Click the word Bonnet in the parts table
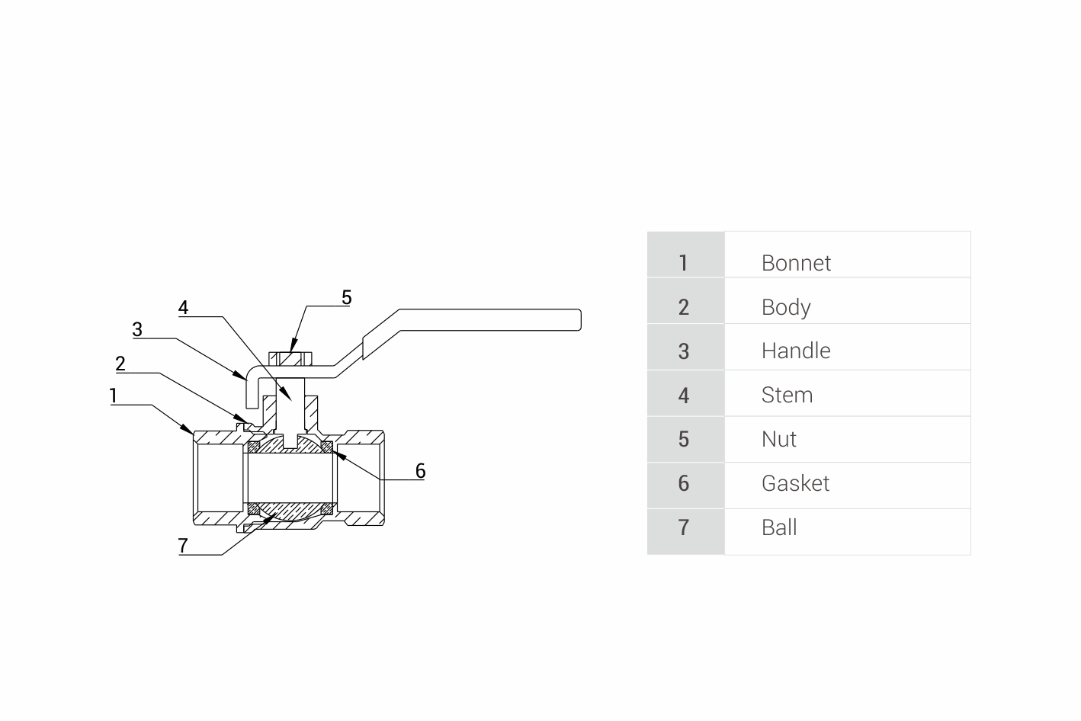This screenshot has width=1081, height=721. pyautogui.click(x=796, y=263)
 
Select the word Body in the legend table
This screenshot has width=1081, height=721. pyautogui.click(x=786, y=307)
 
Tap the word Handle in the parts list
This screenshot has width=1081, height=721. pyautogui.click(x=796, y=351)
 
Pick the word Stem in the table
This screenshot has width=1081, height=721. pyautogui.click(x=787, y=395)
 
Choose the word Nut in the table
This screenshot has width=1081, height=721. pyautogui.click(x=778, y=439)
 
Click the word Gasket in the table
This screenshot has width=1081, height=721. pyautogui.click(x=795, y=483)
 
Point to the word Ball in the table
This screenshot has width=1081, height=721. pyautogui.click(x=779, y=527)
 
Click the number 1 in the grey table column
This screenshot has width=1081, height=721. pyautogui.click(x=683, y=263)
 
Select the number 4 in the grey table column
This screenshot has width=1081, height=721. pyautogui.click(x=683, y=395)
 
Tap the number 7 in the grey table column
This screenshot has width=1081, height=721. pyautogui.click(x=683, y=527)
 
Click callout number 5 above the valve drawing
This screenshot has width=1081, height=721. pyautogui.click(x=346, y=297)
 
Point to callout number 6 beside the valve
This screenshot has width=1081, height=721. pyautogui.click(x=420, y=471)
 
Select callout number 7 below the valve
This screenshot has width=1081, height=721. pyautogui.click(x=183, y=546)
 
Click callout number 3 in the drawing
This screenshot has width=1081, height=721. pyautogui.click(x=137, y=329)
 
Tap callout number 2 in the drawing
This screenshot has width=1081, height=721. pyautogui.click(x=120, y=364)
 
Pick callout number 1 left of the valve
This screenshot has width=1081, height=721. pyautogui.click(x=114, y=396)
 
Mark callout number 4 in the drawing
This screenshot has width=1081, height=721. pyautogui.click(x=183, y=307)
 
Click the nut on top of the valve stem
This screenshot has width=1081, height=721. pyautogui.click(x=291, y=358)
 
